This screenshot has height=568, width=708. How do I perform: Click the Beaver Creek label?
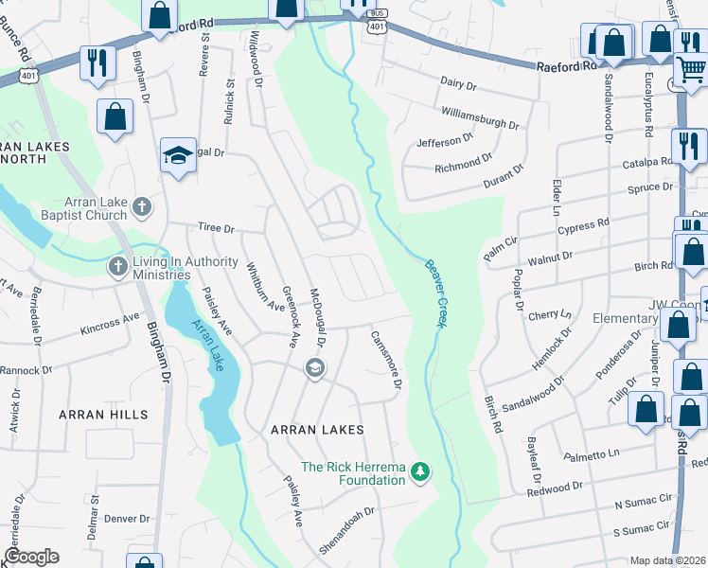coord(441,293)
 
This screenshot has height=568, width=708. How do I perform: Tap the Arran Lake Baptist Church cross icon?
coord(141,205)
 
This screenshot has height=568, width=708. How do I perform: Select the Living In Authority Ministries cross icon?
coord(118,267)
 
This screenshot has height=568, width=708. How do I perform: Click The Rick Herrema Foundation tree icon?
coord(418,471)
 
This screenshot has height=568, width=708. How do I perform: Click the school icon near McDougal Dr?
coord(314,367)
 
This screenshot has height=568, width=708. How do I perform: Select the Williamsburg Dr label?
coord(481,118)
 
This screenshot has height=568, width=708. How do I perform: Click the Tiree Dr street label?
coord(215,228)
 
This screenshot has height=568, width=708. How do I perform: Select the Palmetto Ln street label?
coord(592,456)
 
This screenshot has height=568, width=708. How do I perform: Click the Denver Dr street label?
coord(127,519)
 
